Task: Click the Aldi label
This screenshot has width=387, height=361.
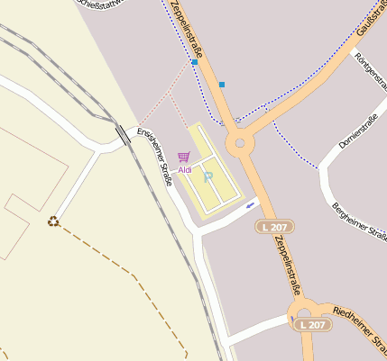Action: [185, 169]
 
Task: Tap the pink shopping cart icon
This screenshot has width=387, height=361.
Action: [184, 158]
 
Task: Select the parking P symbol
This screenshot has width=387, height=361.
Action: [207, 176]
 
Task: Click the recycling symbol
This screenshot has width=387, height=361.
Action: [53, 221]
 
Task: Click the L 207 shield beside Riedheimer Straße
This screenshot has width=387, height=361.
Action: [312, 324]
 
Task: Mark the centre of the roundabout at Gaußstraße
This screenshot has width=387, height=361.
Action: [240, 142]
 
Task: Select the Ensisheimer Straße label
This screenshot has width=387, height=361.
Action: [155, 158]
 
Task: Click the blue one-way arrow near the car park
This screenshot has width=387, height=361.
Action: [250, 205]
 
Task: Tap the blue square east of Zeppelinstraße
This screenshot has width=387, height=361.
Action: [222, 85]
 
